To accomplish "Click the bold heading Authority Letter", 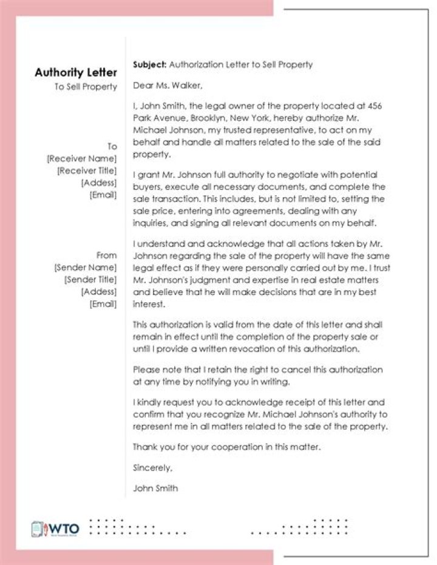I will click(x=76, y=73).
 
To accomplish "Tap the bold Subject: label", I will click(x=149, y=64).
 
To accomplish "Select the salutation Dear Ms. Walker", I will click(x=167, y=85).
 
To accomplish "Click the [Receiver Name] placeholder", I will click(x=82, y=158).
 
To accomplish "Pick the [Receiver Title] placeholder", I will click(x=87, y=171).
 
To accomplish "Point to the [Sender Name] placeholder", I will click(x=85, y=267).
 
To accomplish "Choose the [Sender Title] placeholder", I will click(x=90, y=280).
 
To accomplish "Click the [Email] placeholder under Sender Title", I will click(x=103, y=304).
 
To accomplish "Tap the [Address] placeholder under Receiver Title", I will click(x=99, y=183).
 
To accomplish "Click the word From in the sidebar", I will click(x=106, y=255).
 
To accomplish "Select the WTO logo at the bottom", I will click(x=55, y=529).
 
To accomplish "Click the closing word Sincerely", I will click(x=152, y=468).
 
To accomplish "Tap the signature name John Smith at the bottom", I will click(x=155, y=489).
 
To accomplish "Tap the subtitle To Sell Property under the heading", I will click(x=86, y=87).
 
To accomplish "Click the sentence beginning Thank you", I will click(x=226, y=447).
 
